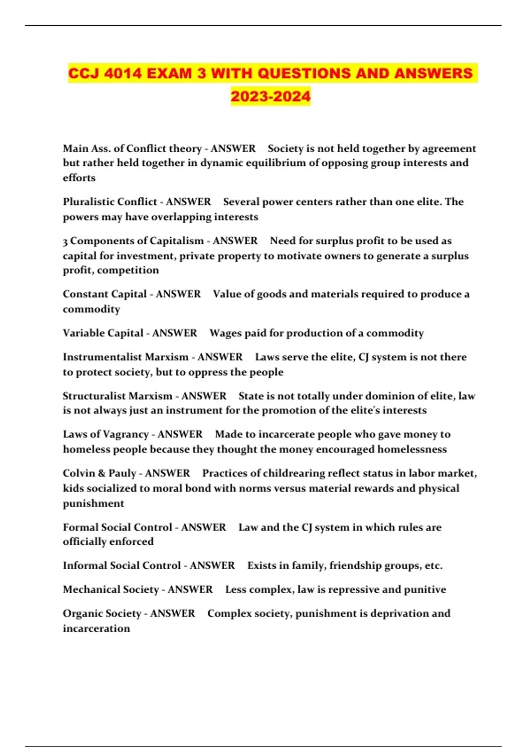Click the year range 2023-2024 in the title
click(271, 96)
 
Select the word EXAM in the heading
click(170, 73)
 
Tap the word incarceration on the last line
click(96, 628)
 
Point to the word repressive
click(347, 589)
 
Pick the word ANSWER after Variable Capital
click(175, 333)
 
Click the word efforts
click(79, 178)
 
